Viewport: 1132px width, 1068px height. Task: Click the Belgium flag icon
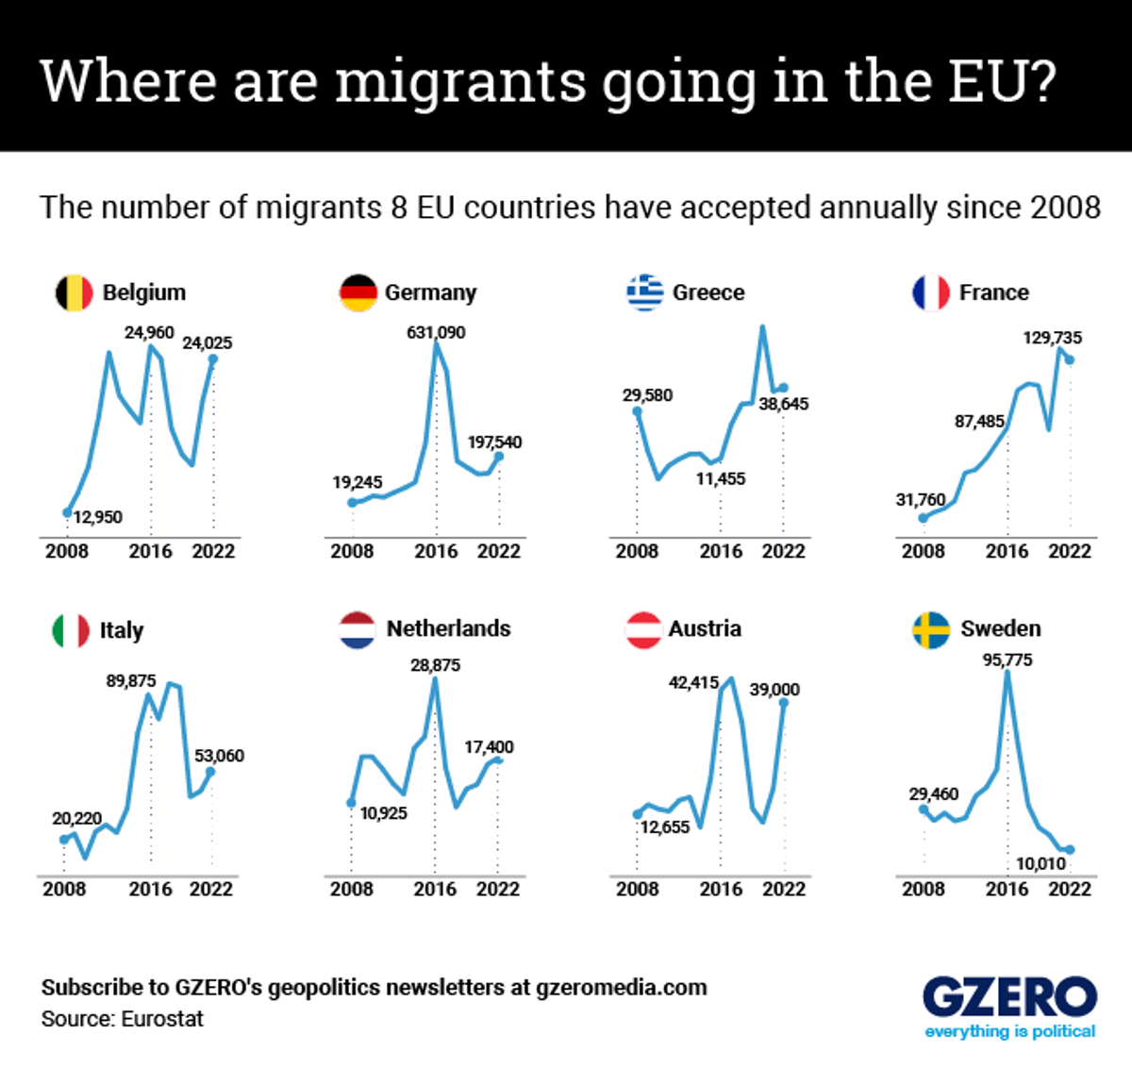[74, 292]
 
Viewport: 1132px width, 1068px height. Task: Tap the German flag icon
[358, 292]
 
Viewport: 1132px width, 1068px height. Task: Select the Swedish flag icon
[931, 629]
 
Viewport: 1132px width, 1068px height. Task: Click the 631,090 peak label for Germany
[436, 332]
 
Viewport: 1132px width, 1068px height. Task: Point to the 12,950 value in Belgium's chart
[98, 517]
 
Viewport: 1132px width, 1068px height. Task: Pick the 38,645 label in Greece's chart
[783, 404]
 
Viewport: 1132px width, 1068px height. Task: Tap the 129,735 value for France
[1053, 338]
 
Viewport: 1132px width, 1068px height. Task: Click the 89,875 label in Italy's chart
[131, 680]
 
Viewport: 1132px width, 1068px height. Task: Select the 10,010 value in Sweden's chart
[1040, 863]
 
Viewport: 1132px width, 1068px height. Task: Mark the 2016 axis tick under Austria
[721, 889]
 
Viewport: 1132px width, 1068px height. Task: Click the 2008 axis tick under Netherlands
[352, 889]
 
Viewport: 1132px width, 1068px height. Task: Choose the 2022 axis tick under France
[1070, 551]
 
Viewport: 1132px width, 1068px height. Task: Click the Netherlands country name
[448, 628]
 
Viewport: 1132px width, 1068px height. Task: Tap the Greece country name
[708, 292]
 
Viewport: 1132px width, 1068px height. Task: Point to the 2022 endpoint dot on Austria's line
[783, 703]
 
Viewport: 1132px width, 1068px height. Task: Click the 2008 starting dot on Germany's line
[352, 502]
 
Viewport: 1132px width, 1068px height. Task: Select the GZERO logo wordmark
[1009, 996]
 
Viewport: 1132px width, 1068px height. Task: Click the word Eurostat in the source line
[162, 1019]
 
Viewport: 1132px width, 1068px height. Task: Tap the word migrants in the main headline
[461, 82]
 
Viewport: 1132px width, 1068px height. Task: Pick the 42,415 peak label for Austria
[693, 682]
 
